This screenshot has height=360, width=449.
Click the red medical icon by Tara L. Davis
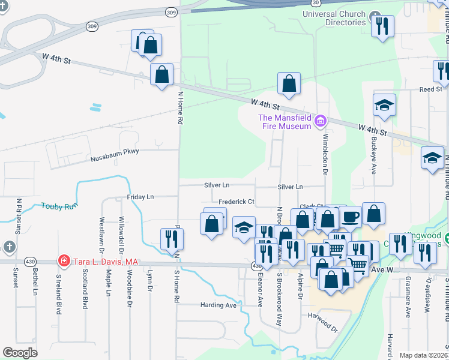click(x=63, y=261)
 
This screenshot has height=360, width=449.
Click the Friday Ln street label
click(x=140, y=197)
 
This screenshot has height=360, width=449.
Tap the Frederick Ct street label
click(x=237, y=202)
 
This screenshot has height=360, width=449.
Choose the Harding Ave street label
click(x=218, y=305)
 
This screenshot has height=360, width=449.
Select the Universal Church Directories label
click(x=334, y=18)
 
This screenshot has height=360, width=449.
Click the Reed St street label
click(x=430, y=89)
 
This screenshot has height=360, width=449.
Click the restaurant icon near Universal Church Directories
click(x=382, y=26)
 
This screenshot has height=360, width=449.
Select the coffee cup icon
click(x=350, y=217)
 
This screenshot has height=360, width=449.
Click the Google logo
click(x=20, y=353)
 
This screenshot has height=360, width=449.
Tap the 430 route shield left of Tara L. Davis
click(x=29, y=261)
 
